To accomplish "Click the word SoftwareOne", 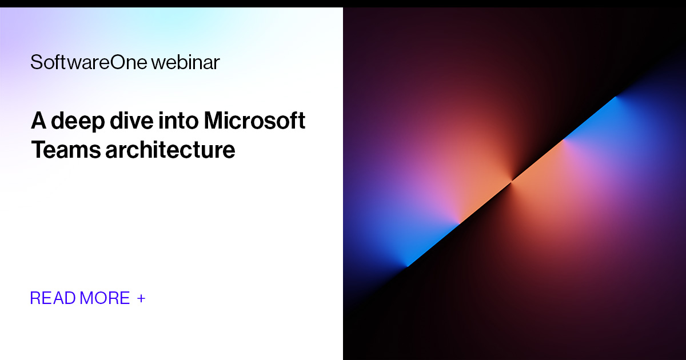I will tap(89, 62).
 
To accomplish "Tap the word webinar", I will tap(185, 62).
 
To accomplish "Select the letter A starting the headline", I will tap(38, 121).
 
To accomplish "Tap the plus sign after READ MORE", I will tap(141, 298).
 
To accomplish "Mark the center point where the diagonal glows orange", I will tap(512, 181).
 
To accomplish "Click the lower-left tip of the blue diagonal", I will tap(408, 266).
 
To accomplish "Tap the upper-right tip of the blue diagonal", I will tap(616, 97).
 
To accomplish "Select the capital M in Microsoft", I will tap(214, 121).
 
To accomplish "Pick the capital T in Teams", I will tap(38, 150).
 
